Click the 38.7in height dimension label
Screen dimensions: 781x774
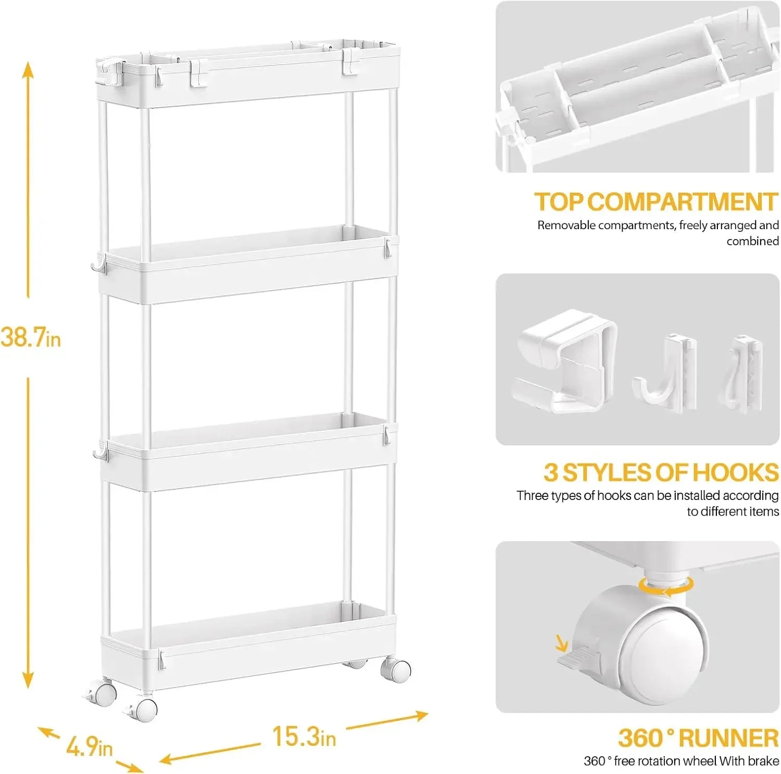tap(31, 337)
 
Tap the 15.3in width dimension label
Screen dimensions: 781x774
tap(304, 736)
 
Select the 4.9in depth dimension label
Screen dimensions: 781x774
tap(89, 747)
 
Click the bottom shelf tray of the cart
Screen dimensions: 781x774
tap(248, 646)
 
